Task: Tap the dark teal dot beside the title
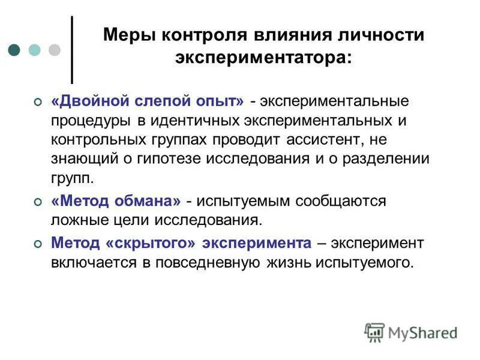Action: [x=16, y=50]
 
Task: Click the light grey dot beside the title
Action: [x=55, y=50]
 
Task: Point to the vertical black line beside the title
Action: [x=72, y=50]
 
